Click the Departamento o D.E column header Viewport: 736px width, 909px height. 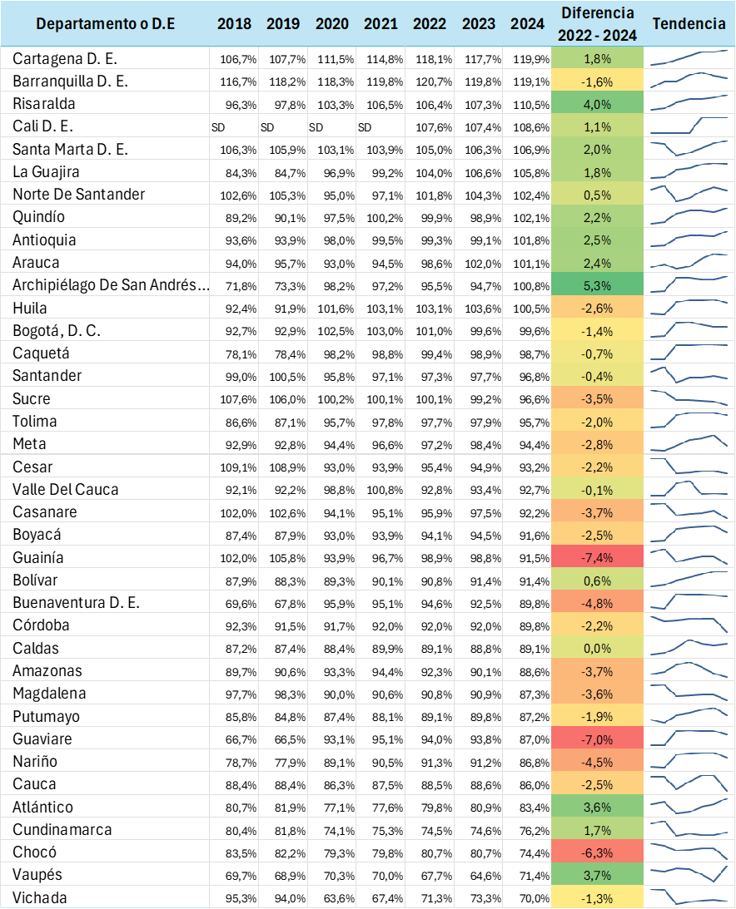(105, 23)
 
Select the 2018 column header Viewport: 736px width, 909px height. (234, 23)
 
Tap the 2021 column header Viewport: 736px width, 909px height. (380, 23)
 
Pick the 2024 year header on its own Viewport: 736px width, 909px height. (527, 23)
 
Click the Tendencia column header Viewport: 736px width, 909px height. (689, 23)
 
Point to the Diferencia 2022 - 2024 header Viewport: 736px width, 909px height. (598, 23)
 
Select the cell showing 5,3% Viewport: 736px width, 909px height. (598, 285)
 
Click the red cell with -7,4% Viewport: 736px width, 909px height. (598, 557)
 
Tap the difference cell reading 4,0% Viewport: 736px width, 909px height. (598, 104)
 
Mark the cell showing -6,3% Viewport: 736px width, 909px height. (598, 852)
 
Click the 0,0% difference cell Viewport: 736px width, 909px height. (598, 648)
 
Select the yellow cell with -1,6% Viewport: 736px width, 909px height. (598, 82)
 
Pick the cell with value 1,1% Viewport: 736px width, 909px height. (598, 127)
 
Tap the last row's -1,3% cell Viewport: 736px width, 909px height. (598, 898)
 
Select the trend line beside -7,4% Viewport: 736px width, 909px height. (689, 556)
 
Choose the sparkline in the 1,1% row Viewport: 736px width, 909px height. (689, 126)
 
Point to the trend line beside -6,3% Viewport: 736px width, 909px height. (689, 851)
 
